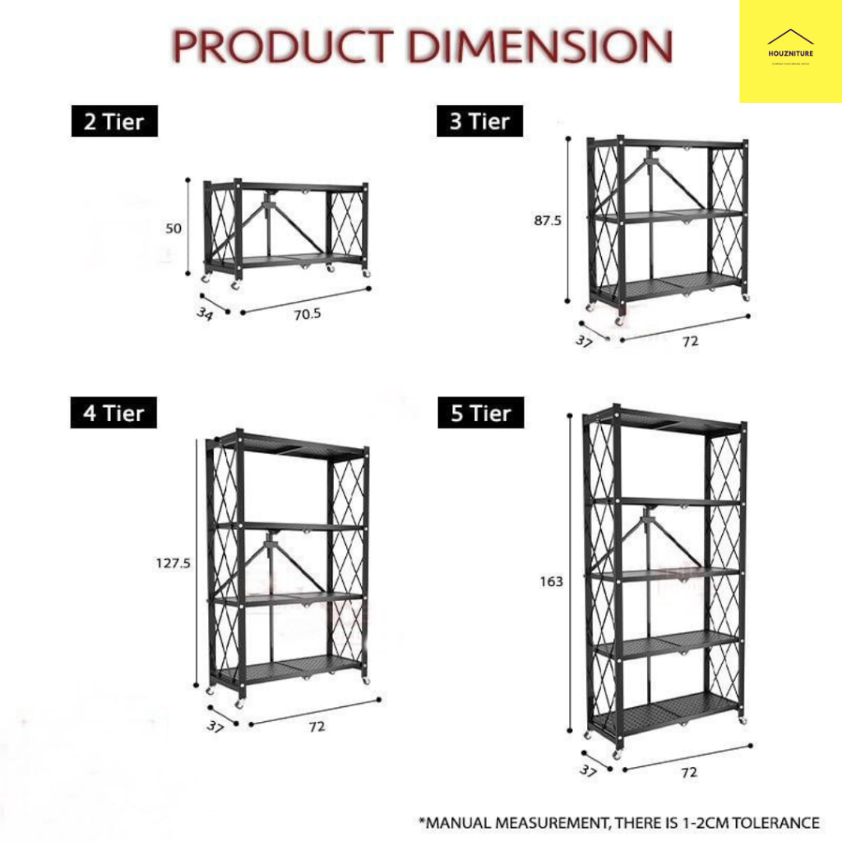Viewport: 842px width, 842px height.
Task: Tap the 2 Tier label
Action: coord(113,123)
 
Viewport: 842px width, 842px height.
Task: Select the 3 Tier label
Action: coord(479,123)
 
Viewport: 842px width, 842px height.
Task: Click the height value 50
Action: coord(173,229)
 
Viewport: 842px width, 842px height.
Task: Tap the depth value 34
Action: coord(205,313)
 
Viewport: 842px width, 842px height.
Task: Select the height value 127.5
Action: coord(173,564)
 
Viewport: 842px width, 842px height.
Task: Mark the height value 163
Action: coord(552,581)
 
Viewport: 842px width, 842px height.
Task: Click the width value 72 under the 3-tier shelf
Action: coord(690,340)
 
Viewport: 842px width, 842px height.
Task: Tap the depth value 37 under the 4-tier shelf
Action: coord(215,727)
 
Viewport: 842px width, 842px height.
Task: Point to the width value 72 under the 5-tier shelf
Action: coord(689,772)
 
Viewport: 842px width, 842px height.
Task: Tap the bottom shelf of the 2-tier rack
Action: coord(284,261)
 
